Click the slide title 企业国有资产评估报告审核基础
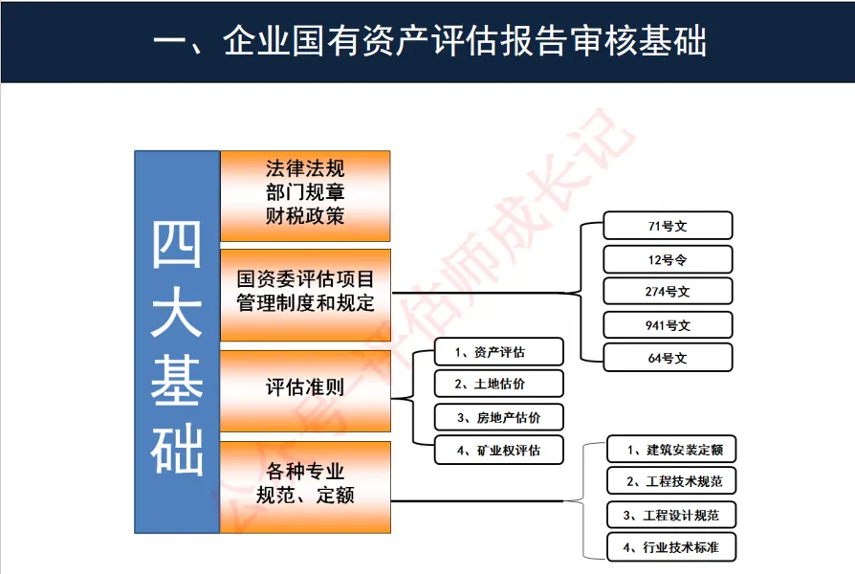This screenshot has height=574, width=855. (x=429, y=41)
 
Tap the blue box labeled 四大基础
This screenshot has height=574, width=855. (x=177, y=342)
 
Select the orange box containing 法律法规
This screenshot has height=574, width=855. (x=305, y=195)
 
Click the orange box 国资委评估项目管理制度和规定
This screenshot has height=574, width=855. (x=305, y=293)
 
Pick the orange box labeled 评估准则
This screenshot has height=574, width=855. (x=305, y=389)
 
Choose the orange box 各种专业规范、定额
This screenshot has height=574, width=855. (x=305, y=485)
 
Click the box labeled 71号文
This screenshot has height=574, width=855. (x=668, y=226)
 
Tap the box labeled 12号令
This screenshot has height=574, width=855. (x=668, y=259)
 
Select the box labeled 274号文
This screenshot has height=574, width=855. (x=668, y=291)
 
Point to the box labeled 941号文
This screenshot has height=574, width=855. (x=668, y=325)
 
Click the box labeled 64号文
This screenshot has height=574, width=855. (x=668, y=358)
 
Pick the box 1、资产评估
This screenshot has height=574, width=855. (x=498, y=352)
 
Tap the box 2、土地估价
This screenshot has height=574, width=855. (x=498, y=385)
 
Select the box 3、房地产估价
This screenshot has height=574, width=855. (x=498, y=417)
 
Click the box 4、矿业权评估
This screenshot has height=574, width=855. (x=498, y=450)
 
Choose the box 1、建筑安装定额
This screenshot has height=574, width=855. (x=671, y=449)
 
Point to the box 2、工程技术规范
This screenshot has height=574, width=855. (x=671, y=480)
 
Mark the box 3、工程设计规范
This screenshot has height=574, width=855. (x=671, y=515)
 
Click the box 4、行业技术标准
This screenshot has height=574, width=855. (x=671, y=547)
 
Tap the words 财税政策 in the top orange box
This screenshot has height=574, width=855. (x=305, y=215)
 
